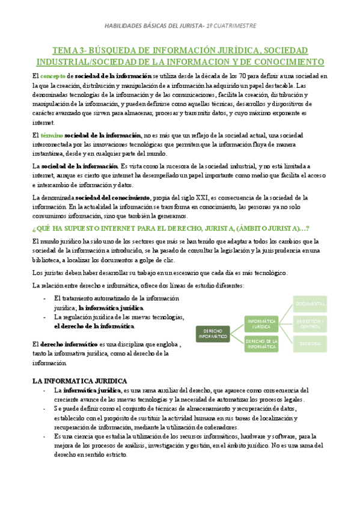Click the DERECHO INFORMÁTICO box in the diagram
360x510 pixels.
(x=213, y=333)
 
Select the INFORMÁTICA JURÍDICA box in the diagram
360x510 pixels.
(x=261, y=324)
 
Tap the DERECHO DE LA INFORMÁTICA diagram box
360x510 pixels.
(x=261, y=344)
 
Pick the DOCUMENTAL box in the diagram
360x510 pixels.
(x=310, y=304)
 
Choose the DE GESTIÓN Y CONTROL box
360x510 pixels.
(x=310, y=324)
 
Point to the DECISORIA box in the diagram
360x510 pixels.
(x=310, y=343)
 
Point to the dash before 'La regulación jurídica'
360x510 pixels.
(x=46, y=317)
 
